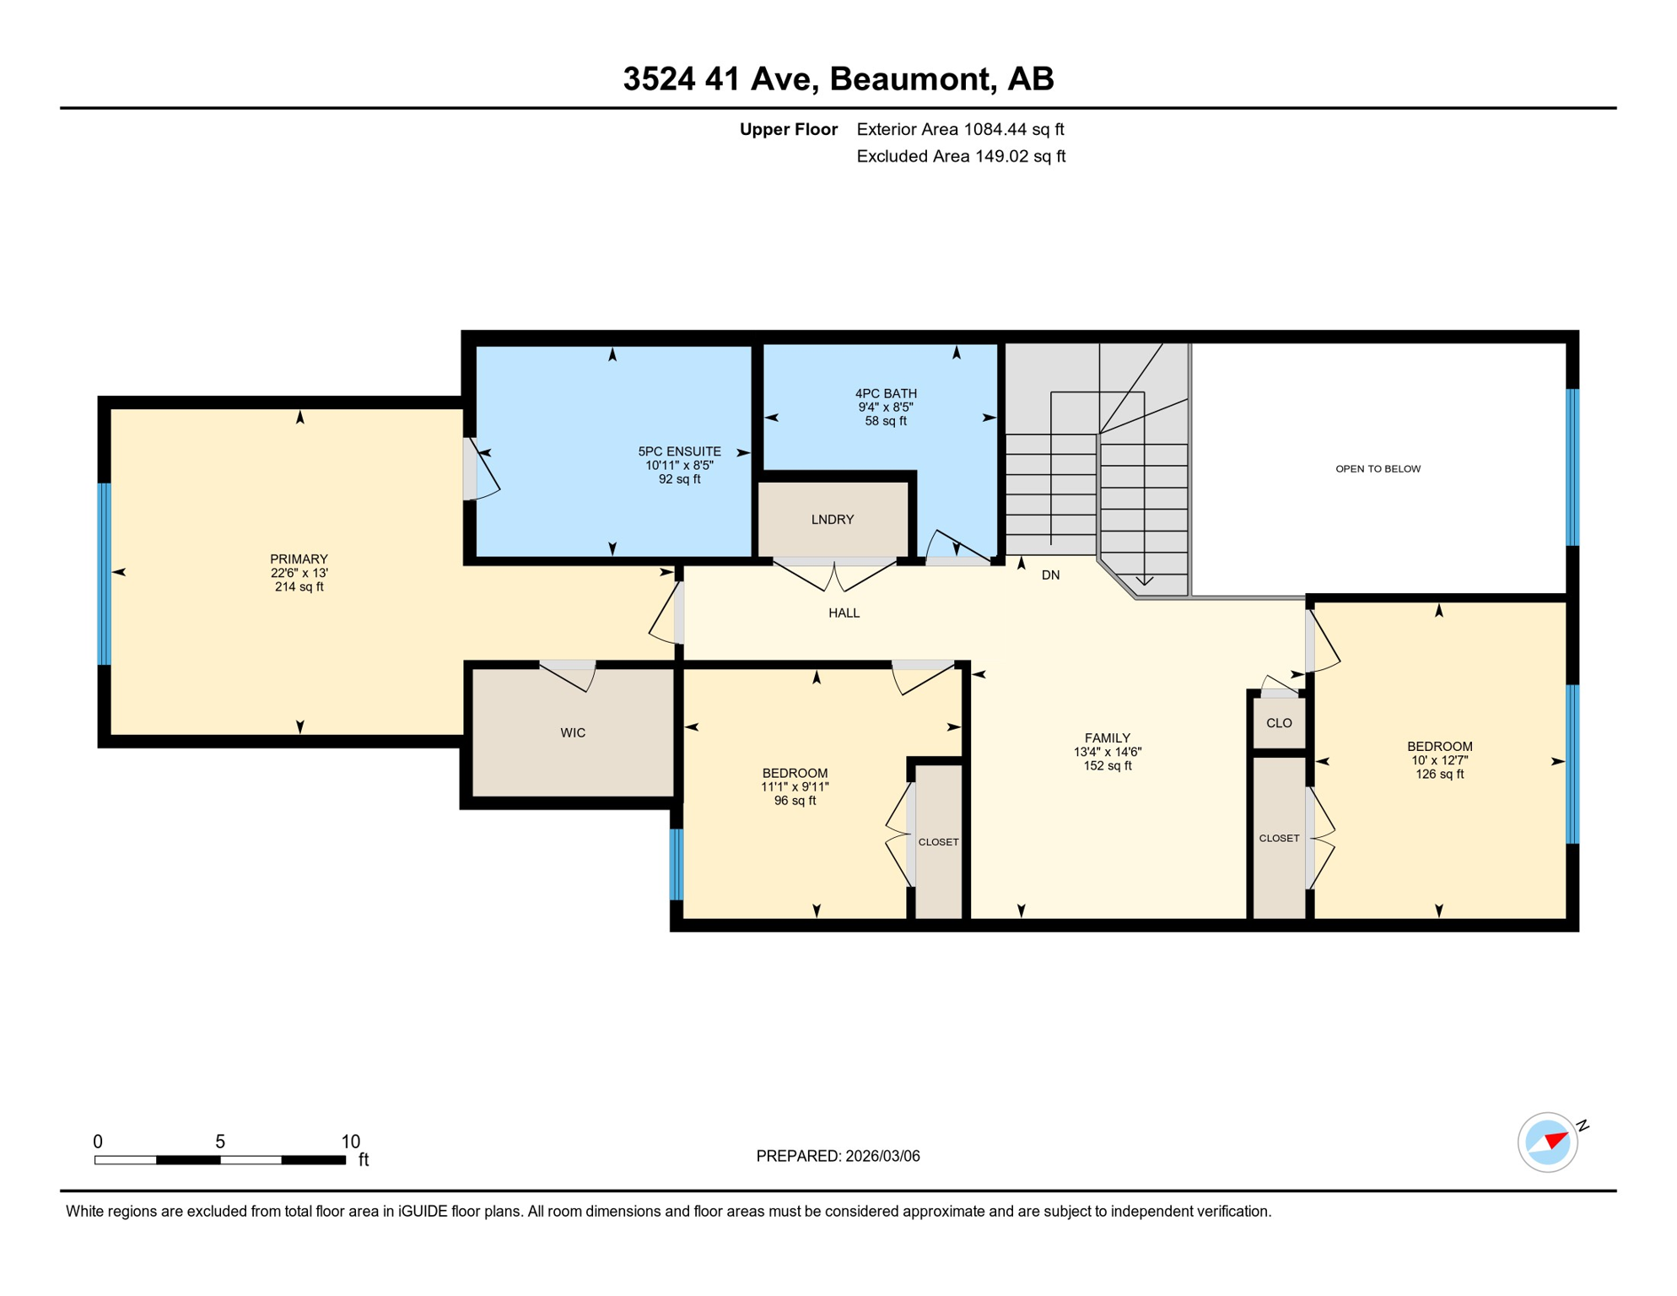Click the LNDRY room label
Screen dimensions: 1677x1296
pyautogui.click(x=833, y=520)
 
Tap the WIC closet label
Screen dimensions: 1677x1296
pyautogui.click(x=573, y=733)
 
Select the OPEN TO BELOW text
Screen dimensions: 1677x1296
pyautogui.click(x=1378, y=469)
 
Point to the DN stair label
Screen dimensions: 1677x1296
pyautogui.click(x=1050, y=575)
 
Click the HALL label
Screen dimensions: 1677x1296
pyautogui.click(x=844, y=613)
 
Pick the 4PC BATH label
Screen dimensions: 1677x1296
pyautogui.click(x=886, y=394)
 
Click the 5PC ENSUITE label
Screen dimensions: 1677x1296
pyautogui.click(x=679, y=452)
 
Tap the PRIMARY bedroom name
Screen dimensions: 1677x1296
pyautogui.click(x=299, y=559)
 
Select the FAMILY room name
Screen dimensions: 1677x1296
pyautogui.click(x=1108, y=738)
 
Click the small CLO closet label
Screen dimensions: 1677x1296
pyautogui.click(x=1279, y=723)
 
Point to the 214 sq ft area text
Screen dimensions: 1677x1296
pyautogui.click(x=299, y=587)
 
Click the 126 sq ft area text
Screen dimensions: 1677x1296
pyautogui.click(x=1440, y=775)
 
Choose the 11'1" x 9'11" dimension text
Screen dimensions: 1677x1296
pyautogui.click(x=795, y=787)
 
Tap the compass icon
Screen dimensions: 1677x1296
pyautogui.click(x=1548, y=1142)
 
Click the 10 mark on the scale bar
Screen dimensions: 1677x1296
pyautogui.click(x=351, y=1142)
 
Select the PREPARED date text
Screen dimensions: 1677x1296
pyautogui.click(x=838, y=1157)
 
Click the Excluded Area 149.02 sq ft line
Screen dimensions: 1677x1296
pyautogui.click(x=961, y=157)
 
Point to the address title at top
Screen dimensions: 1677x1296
pyautogui.click(x=838, y=78)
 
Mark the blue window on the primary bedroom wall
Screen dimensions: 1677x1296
pyautogui.click(x=105, y=574)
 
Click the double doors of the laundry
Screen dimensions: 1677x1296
pyautogui.click(x=834, y=573)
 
